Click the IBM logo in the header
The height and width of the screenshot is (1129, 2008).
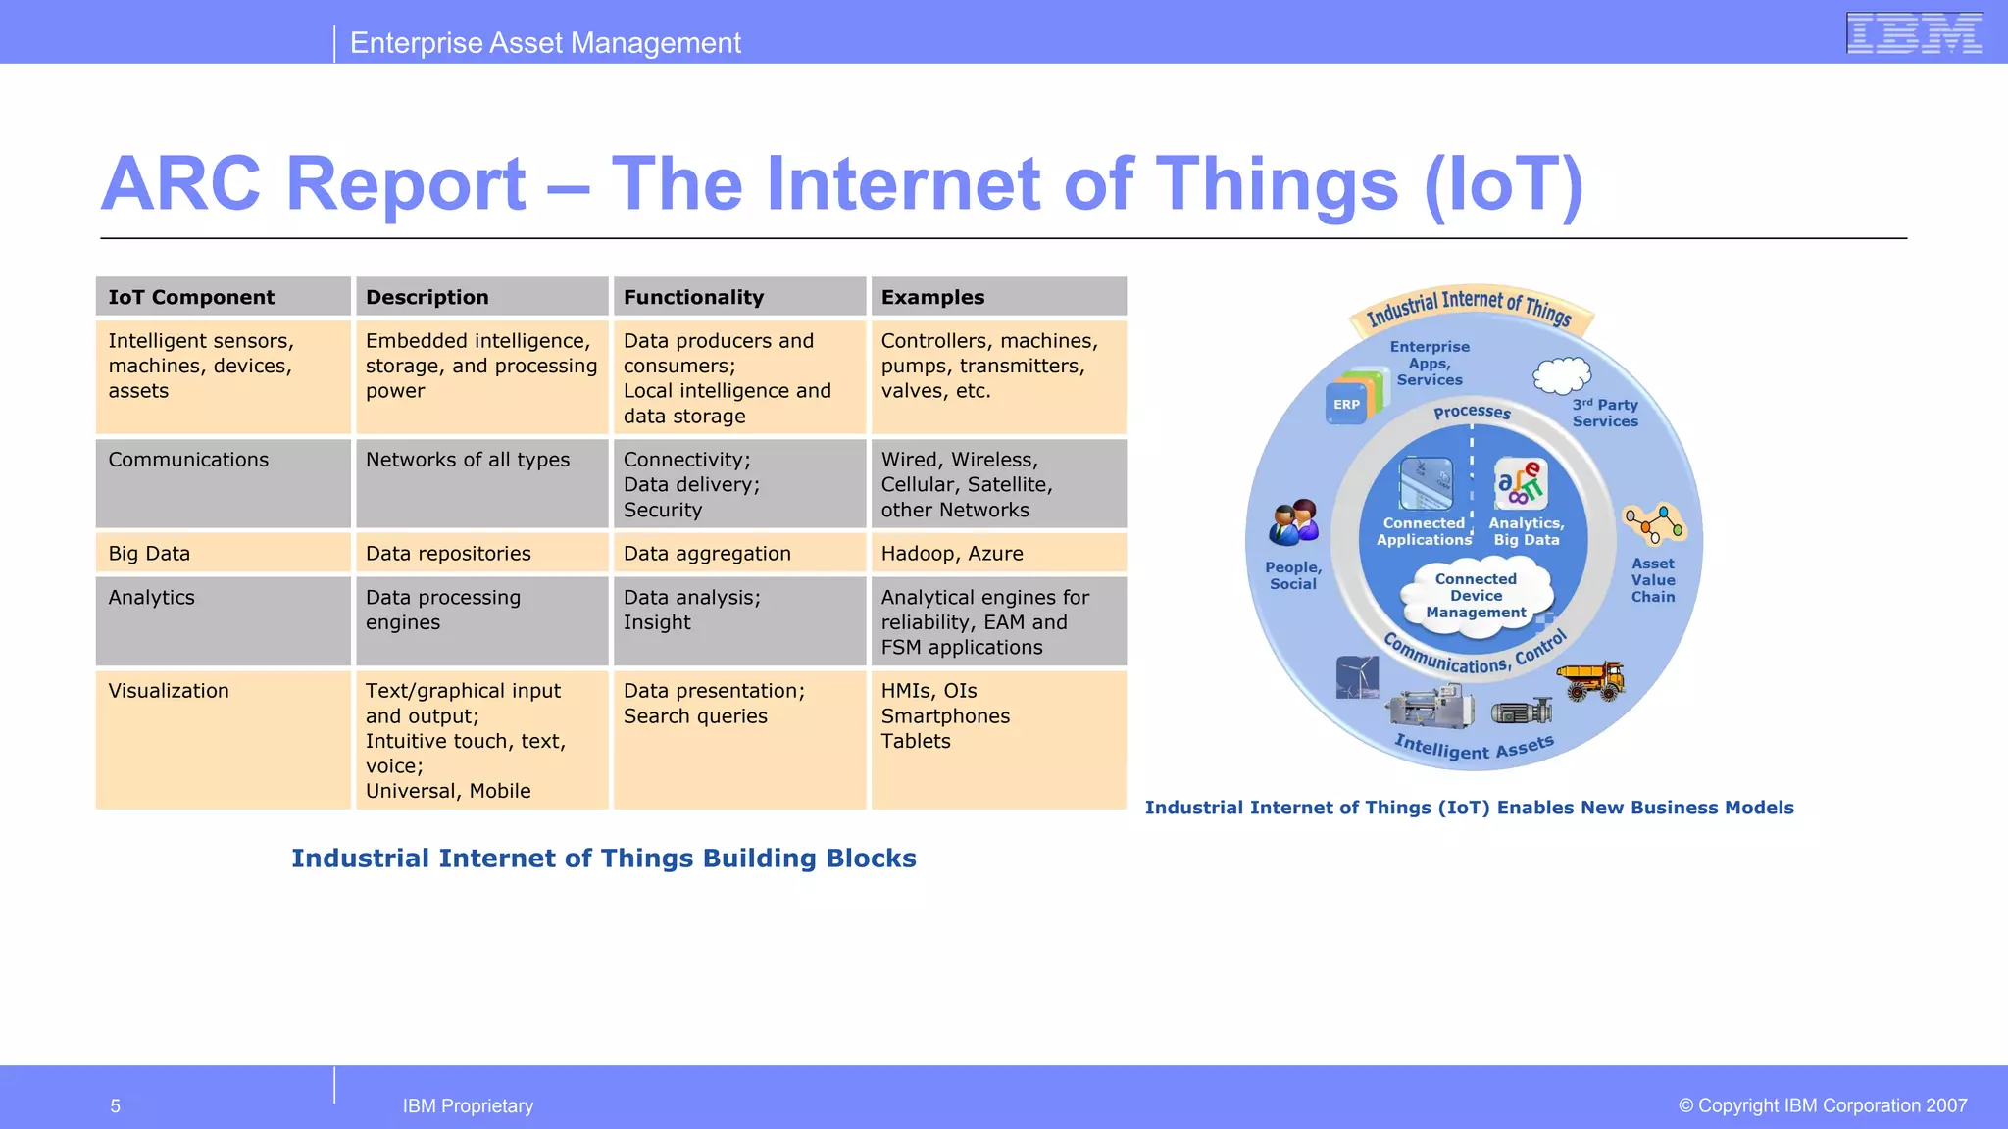[x=1914, y=33]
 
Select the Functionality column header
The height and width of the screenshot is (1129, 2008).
[x=739, y=297]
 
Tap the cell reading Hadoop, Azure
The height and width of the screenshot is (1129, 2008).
[x=998, y=553]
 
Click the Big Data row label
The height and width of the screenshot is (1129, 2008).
[x=223, y=553]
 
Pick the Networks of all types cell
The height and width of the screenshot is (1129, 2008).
[x=481, y=483]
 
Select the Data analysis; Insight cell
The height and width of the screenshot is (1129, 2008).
[x=739, y=620]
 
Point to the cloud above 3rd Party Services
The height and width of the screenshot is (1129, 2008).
[x=1561, y=375]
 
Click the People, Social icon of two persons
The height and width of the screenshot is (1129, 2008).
[x=1294, y=522]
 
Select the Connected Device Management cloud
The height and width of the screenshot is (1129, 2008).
[x=1476, y=596]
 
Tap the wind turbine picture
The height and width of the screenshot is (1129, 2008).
[x=1357, y=676]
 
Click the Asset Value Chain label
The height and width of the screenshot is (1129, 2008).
[x=1653, y=580]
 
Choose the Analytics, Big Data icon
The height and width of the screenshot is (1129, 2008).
[x=1521, y=483]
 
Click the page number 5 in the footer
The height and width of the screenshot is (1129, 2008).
[x=116, y=1106]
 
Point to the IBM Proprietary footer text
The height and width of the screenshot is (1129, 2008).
[x=468, y=1106]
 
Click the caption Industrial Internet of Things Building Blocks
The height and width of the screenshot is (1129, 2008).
[x=604, y=859]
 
